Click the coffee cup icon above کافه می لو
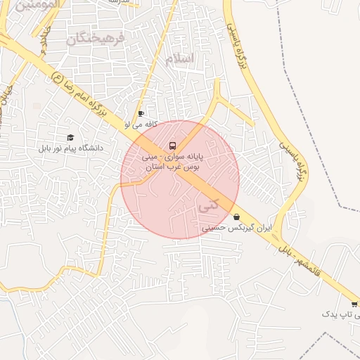(141, 114)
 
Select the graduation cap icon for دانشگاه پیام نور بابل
(70, 138)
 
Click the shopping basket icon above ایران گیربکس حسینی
(236, 217)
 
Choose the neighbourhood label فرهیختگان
(94, 38)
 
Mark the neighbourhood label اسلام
(179, 59)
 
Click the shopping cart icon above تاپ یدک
(354, 304)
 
